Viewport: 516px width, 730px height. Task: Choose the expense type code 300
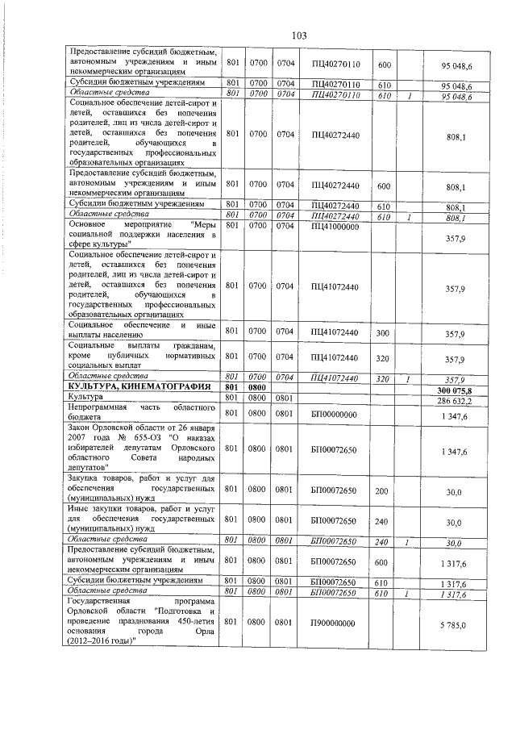coord(383,333)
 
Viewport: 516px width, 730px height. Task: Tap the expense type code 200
coord(383,489)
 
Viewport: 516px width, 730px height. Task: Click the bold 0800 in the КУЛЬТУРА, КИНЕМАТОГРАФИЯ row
coord(258,389)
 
